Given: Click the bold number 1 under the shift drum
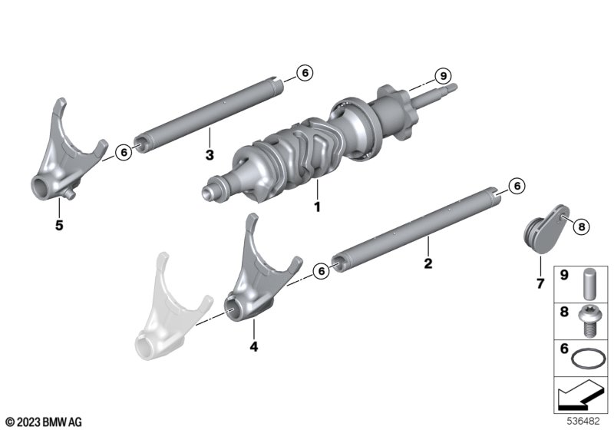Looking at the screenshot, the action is pyautogui.click(x=317, y=207).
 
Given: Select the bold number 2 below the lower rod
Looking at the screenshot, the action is pyautogui.click(x=428, y=263).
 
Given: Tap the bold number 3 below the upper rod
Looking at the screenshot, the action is pyautogui.click(x=210, y=155).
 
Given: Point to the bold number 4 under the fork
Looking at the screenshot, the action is pyautogui.click(x=254, y=346).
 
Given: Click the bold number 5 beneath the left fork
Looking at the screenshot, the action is pyautogui.click(x=59, y=226).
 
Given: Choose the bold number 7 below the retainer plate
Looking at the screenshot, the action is pyautogui.click(x=540, y=283).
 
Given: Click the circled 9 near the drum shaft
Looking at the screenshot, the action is pyautogui.click(x=444, y=75).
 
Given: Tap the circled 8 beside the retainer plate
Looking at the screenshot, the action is pyautogui.click(x=582, y=227).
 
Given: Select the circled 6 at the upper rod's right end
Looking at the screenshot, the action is pyautogui.click(x=305, y=73).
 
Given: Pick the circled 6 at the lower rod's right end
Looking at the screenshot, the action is pyautogui.click(x=517, y=186).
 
